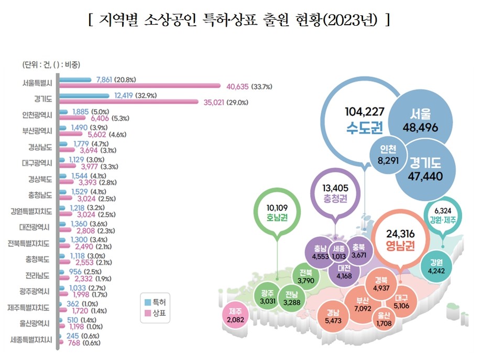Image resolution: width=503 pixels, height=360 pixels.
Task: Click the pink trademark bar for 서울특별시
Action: (139, 85)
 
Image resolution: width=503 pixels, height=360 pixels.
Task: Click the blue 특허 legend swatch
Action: (147, 302)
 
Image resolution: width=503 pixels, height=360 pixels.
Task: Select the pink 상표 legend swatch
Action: (147, 313)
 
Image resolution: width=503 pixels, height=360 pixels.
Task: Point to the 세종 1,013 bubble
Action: (339, 252)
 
